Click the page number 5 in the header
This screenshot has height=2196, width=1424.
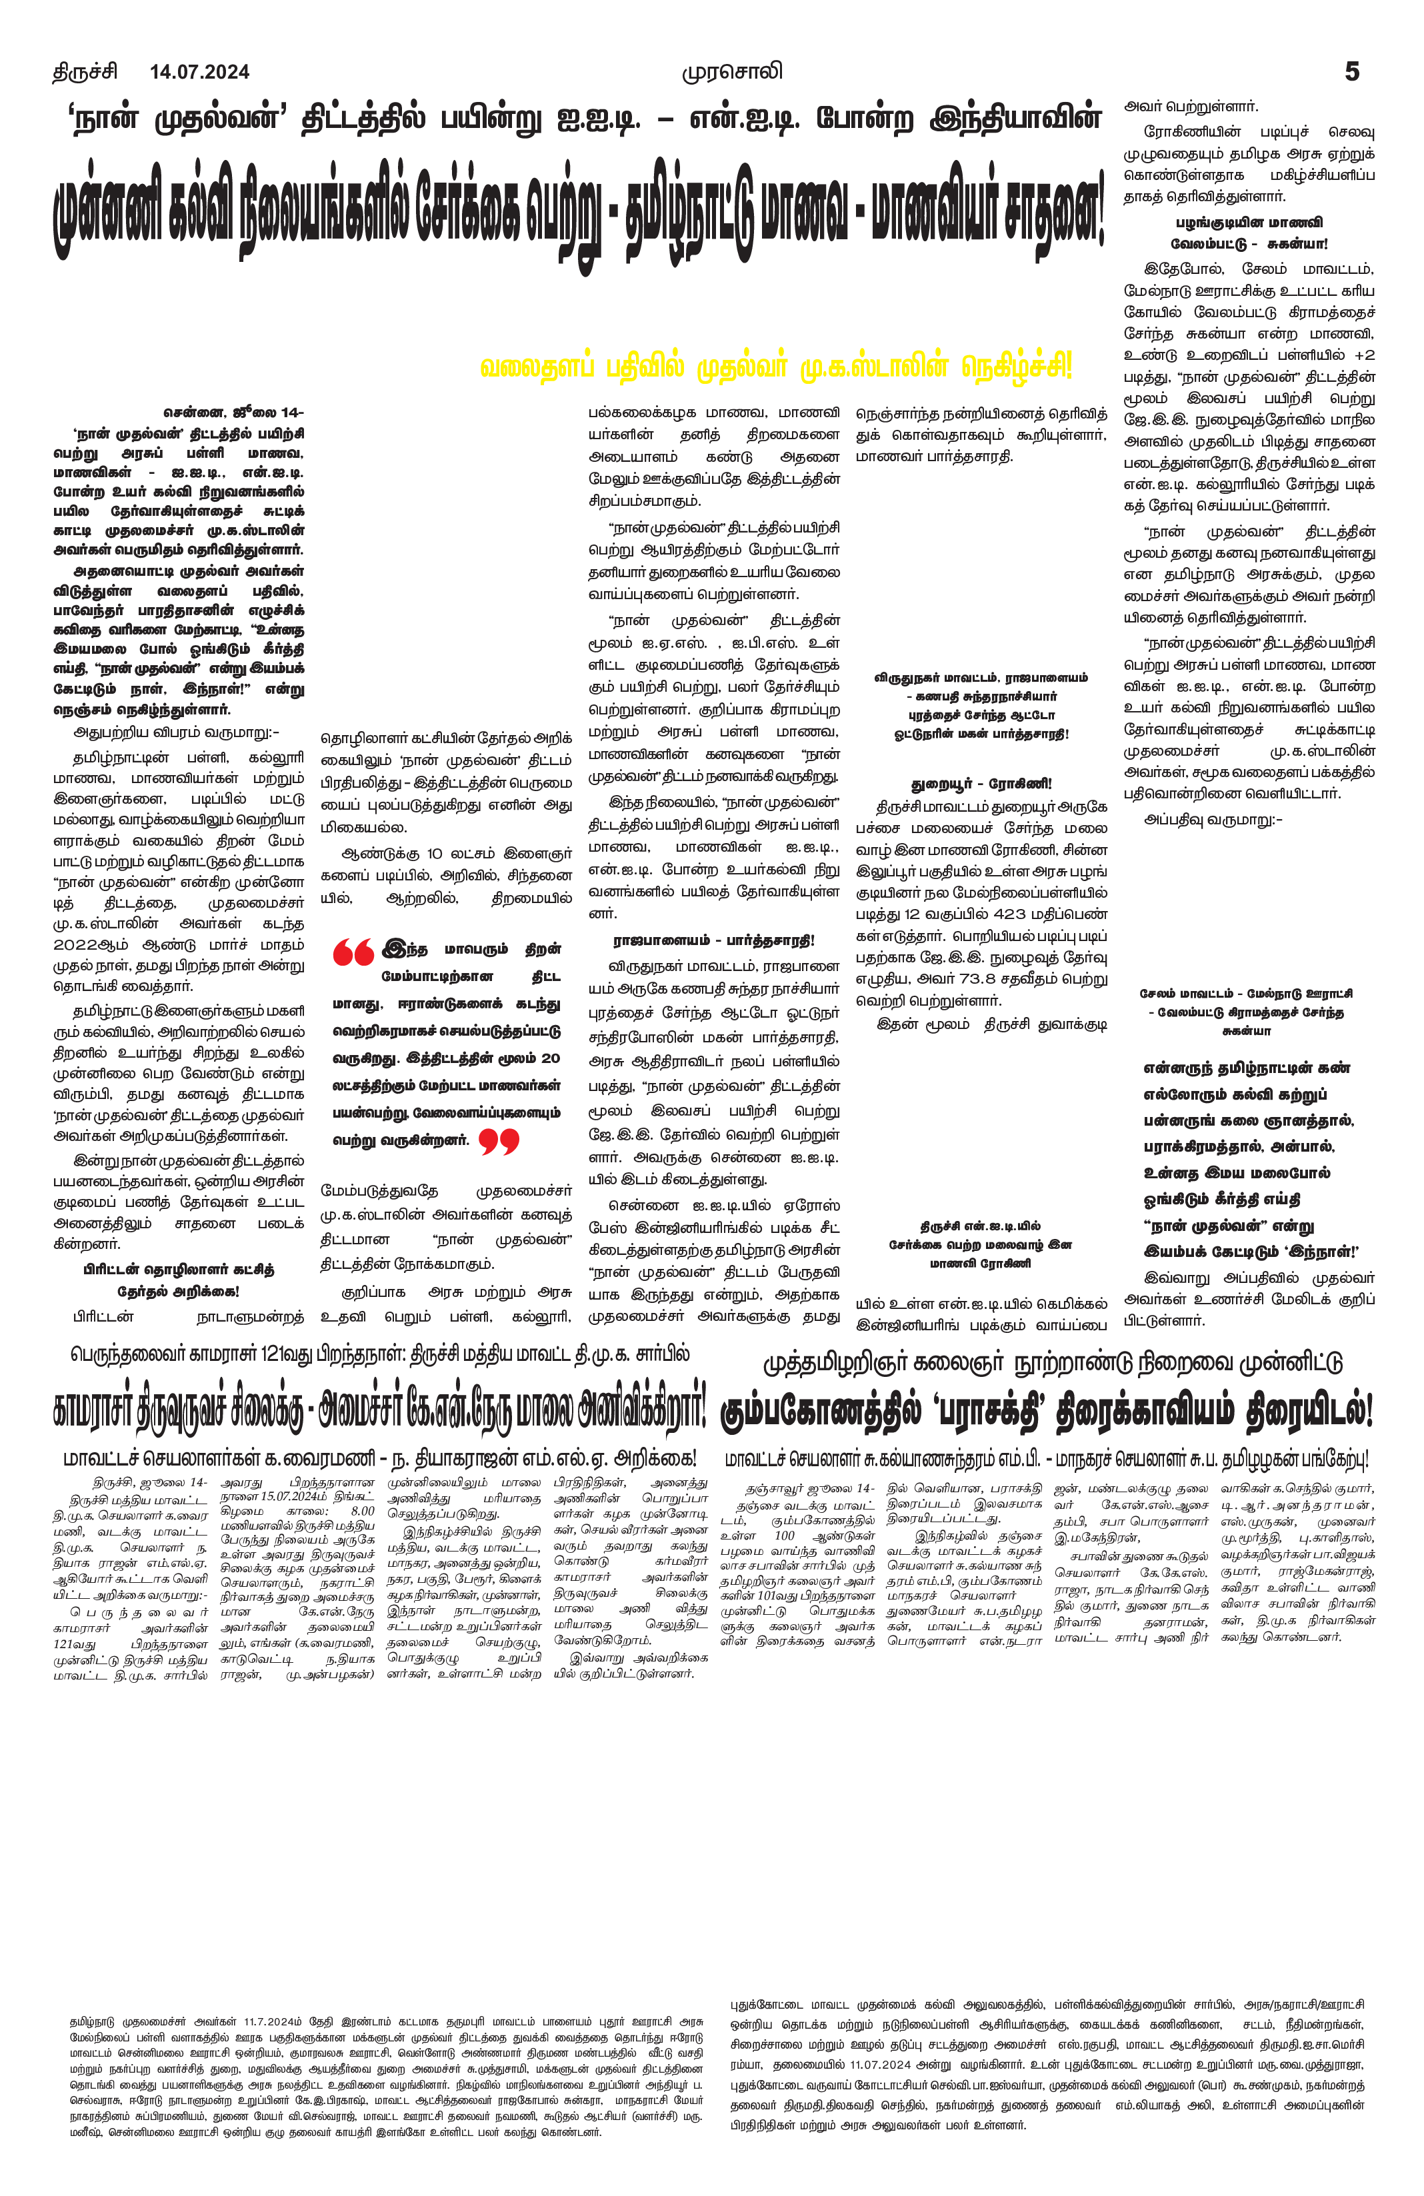click(x=1352, y=72)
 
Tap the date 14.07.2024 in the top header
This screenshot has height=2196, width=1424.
click(x=199, y=72)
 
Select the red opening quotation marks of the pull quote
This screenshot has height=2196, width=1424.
click(x=353, y=951)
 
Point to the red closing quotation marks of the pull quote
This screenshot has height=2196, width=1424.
click(x=499, y=1142)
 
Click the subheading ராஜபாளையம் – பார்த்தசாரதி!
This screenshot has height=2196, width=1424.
click(x=713, y=941)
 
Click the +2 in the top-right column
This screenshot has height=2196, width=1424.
click(x=1364, y=355)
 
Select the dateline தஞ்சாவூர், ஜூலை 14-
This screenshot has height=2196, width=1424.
click(x=809, y=1488)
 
